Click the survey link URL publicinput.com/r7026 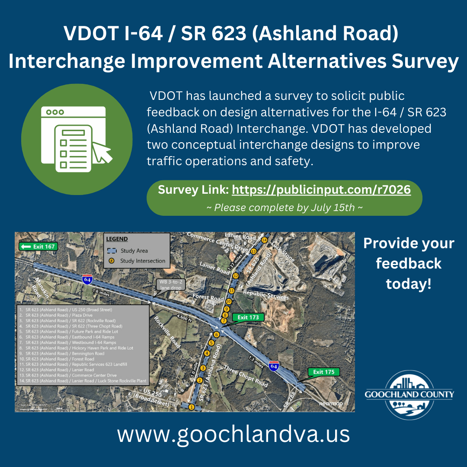click(x=321, y=190)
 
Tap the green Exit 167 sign click(x=38, y=246)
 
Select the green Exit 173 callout click(x=248, y=317)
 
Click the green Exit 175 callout click(x=323, y=372)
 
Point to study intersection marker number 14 click(x=265, y=240)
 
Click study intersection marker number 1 click(x=191, y=406)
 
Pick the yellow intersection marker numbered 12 click(x=236, y=275)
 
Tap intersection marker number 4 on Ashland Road click(x=207, y=353)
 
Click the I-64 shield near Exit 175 click(x=274, y=366)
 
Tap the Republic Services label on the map click(x=265, y=294)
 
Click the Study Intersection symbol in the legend click(x=111, y=261)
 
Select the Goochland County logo click(x=409, y=395)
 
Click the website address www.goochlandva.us click(x=233, y=434)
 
